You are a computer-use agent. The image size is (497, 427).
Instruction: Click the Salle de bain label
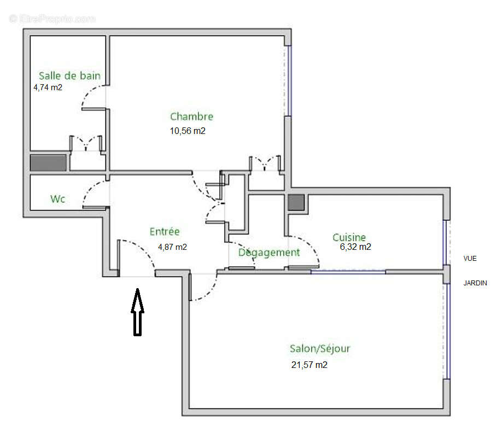pos(69,76)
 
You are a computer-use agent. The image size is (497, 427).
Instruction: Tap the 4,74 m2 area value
pos(48,87)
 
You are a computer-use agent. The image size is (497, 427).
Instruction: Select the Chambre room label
pos(191,116)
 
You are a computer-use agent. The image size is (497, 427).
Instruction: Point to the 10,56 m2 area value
pos(188,131)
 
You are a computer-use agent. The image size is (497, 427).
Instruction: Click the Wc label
pos(58,199)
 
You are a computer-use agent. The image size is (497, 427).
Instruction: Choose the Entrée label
pos(165,232)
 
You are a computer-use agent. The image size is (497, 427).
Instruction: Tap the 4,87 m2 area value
pos(172,247)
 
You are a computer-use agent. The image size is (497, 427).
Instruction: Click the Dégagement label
pos(269,253)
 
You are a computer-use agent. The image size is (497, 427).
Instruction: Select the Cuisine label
pos(349,237)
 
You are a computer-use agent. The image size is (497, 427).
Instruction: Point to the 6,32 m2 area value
pos(355,247)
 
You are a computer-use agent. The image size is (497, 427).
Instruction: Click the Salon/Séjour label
pos(320,349)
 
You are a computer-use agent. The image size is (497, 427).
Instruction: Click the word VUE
pos(470,259)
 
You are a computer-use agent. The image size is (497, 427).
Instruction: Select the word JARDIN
pos(475,283)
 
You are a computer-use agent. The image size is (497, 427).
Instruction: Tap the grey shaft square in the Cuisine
pos(296,203)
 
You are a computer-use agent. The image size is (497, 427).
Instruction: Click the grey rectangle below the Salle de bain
pos(48,163)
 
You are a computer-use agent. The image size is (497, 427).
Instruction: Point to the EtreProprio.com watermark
pos(52,19)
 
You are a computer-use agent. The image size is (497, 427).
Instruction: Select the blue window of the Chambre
pos(288,81)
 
